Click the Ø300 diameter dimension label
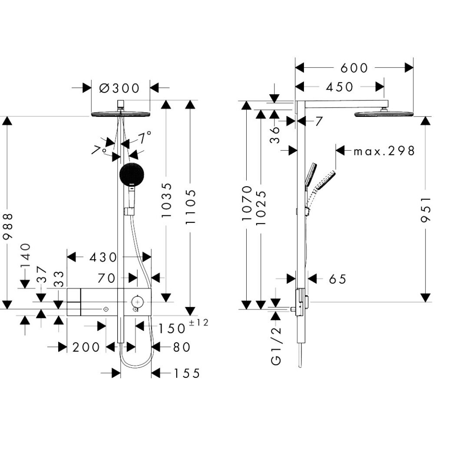[119, 88]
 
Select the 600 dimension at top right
[354, 68]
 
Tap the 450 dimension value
[340, 87]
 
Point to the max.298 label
[384, 151]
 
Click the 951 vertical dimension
[426, 209]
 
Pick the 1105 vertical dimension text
[190, 207]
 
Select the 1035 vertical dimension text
[166, 200]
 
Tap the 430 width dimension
[103, 257]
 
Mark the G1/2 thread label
[276, 346]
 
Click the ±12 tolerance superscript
[198, 322]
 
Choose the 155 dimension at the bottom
[187, 373]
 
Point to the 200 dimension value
[86, 347]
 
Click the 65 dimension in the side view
[338, 279]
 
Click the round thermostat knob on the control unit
[137, 302]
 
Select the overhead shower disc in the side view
[384, 114]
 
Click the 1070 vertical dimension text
[247, 203]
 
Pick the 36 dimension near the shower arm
[275, 135]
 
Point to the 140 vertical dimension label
[26, 255]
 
